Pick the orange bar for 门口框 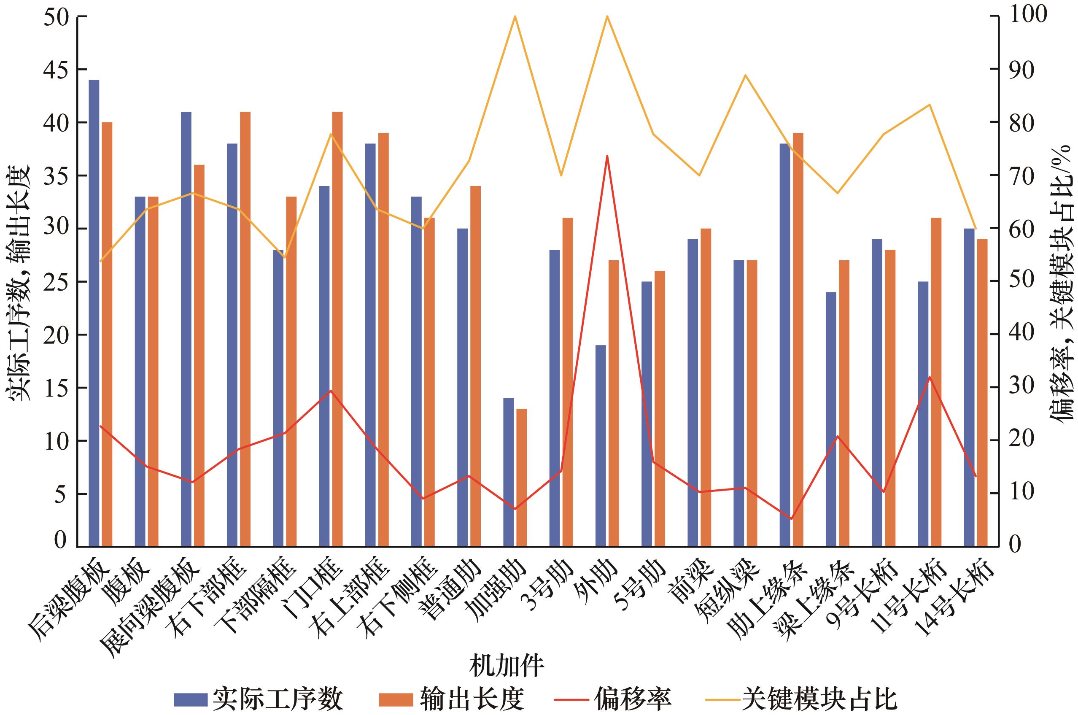337,329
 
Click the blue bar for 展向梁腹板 186,329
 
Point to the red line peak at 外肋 606,156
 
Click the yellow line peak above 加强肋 515,16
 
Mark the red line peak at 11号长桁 929,377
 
